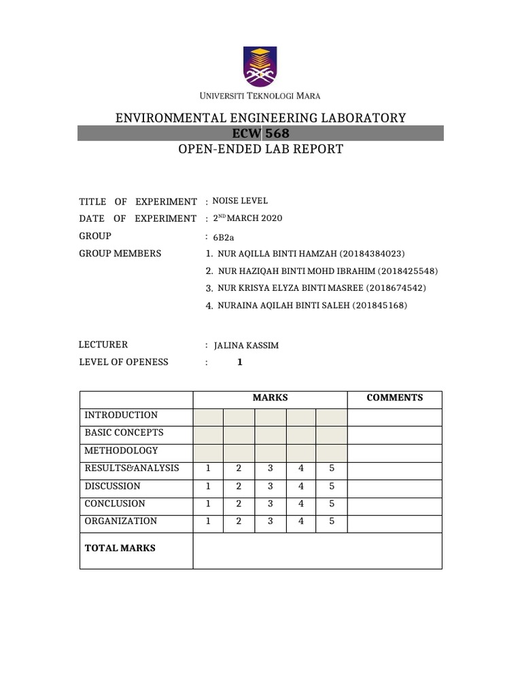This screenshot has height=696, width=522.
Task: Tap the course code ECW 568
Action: [261, 133]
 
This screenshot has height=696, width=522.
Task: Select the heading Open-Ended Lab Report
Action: [261, 149]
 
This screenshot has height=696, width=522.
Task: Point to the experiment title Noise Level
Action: [240, 201]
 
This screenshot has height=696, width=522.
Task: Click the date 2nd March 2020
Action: [247, 218]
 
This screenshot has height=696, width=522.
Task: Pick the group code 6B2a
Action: [224, 237]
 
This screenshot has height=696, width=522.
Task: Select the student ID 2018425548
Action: [401, 271]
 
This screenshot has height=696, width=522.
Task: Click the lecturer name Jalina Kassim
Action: [246, 345]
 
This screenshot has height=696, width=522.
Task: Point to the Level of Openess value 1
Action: [239, 363]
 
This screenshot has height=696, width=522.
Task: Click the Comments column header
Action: [395, 398]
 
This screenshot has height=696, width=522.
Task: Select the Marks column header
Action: [271, 398]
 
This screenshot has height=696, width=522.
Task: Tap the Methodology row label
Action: [121, 451]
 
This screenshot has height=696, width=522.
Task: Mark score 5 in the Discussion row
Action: [332, 486]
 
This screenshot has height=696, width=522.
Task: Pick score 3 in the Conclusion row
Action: [271, 504]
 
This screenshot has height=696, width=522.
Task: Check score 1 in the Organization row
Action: [208, 521]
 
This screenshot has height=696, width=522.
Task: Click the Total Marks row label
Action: [120, 548]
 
